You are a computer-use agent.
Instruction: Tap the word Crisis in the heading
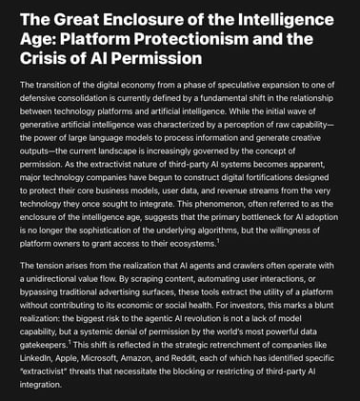pos(51,58)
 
